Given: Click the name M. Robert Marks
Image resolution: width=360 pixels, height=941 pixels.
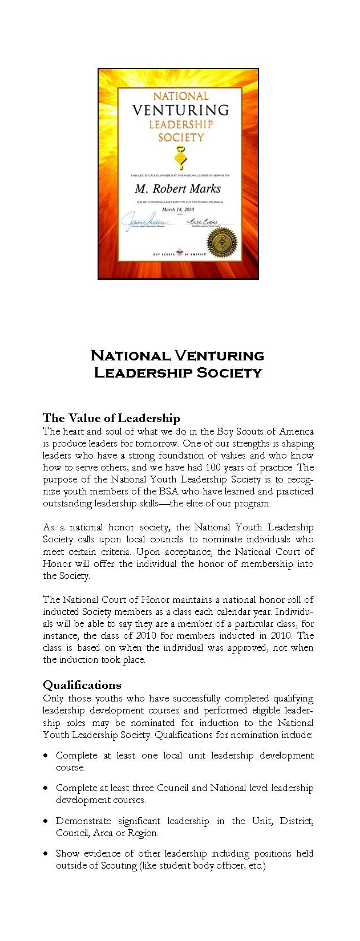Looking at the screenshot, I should [x=177, y=189].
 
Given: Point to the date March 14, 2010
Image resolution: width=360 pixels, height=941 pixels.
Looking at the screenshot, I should [x=178, y=209].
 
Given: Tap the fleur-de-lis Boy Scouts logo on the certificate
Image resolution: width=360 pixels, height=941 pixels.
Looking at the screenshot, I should [x=180, y=252].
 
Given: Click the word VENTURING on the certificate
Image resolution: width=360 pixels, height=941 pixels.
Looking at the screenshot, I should [x=180, y=110].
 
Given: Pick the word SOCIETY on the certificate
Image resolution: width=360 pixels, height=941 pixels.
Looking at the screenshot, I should [x=180, y=137].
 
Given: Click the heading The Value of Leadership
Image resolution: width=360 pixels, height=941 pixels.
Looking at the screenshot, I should [x=111, y=418].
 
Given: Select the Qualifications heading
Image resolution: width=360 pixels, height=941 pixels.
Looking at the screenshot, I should [x=82, y=685].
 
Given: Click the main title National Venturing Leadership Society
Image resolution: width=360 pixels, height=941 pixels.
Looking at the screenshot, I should [x=177, y=364].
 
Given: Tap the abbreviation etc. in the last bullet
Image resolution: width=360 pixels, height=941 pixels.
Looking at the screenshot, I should [x=256, y=866].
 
